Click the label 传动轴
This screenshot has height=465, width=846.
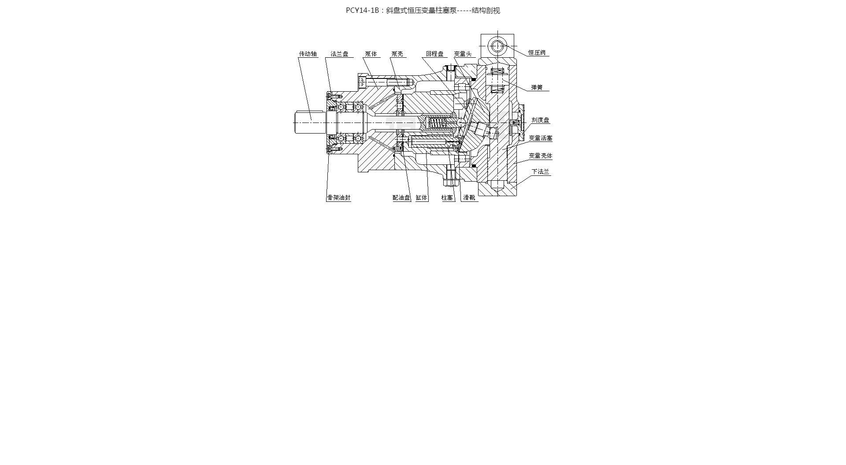pos(308,54)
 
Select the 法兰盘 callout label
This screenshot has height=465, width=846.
pos(340,54)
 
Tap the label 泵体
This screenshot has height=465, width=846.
pos(371,54)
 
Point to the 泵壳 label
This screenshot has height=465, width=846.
pos(397,54)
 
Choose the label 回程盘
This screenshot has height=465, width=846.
pos(435,54)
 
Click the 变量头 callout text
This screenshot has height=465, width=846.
pos(463,54)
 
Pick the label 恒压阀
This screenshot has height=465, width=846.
pos(537,52)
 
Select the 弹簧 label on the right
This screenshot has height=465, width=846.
pos(537,87)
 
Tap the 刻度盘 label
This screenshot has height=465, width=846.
pos(540,120)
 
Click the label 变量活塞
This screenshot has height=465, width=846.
pos(541,138)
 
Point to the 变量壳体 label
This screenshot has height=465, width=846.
pos(541,156)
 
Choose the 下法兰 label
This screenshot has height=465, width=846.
pos(541,171)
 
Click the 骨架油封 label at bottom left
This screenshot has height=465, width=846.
pos(339,197)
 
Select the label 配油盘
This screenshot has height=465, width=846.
pos(401,197)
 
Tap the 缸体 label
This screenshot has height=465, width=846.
pos(422,197)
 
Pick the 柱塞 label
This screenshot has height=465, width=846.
pos(447,197)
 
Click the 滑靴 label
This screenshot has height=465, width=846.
pos(469,197)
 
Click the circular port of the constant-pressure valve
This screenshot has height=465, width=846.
pos(497,45)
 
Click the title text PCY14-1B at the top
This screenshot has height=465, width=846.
pos(362,11)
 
